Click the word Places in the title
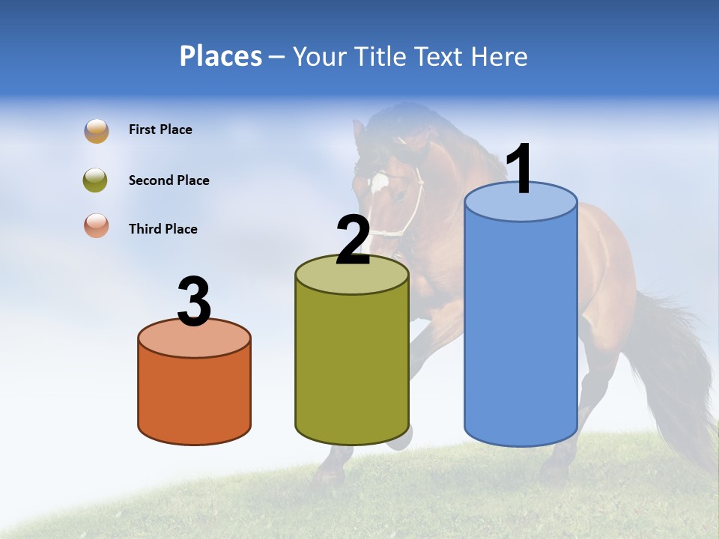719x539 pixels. [220, 56]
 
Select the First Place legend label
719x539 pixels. [160, 130]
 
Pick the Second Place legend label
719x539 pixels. [169, 180]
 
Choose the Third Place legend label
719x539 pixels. [163, 229]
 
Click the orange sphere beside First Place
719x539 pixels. [96, 130]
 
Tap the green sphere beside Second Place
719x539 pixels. [96, 180]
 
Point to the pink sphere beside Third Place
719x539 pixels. [96, 226]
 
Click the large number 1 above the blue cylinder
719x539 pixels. [520, 170]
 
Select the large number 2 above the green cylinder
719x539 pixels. [354, 241]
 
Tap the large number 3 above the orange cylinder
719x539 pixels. [195, 302]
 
